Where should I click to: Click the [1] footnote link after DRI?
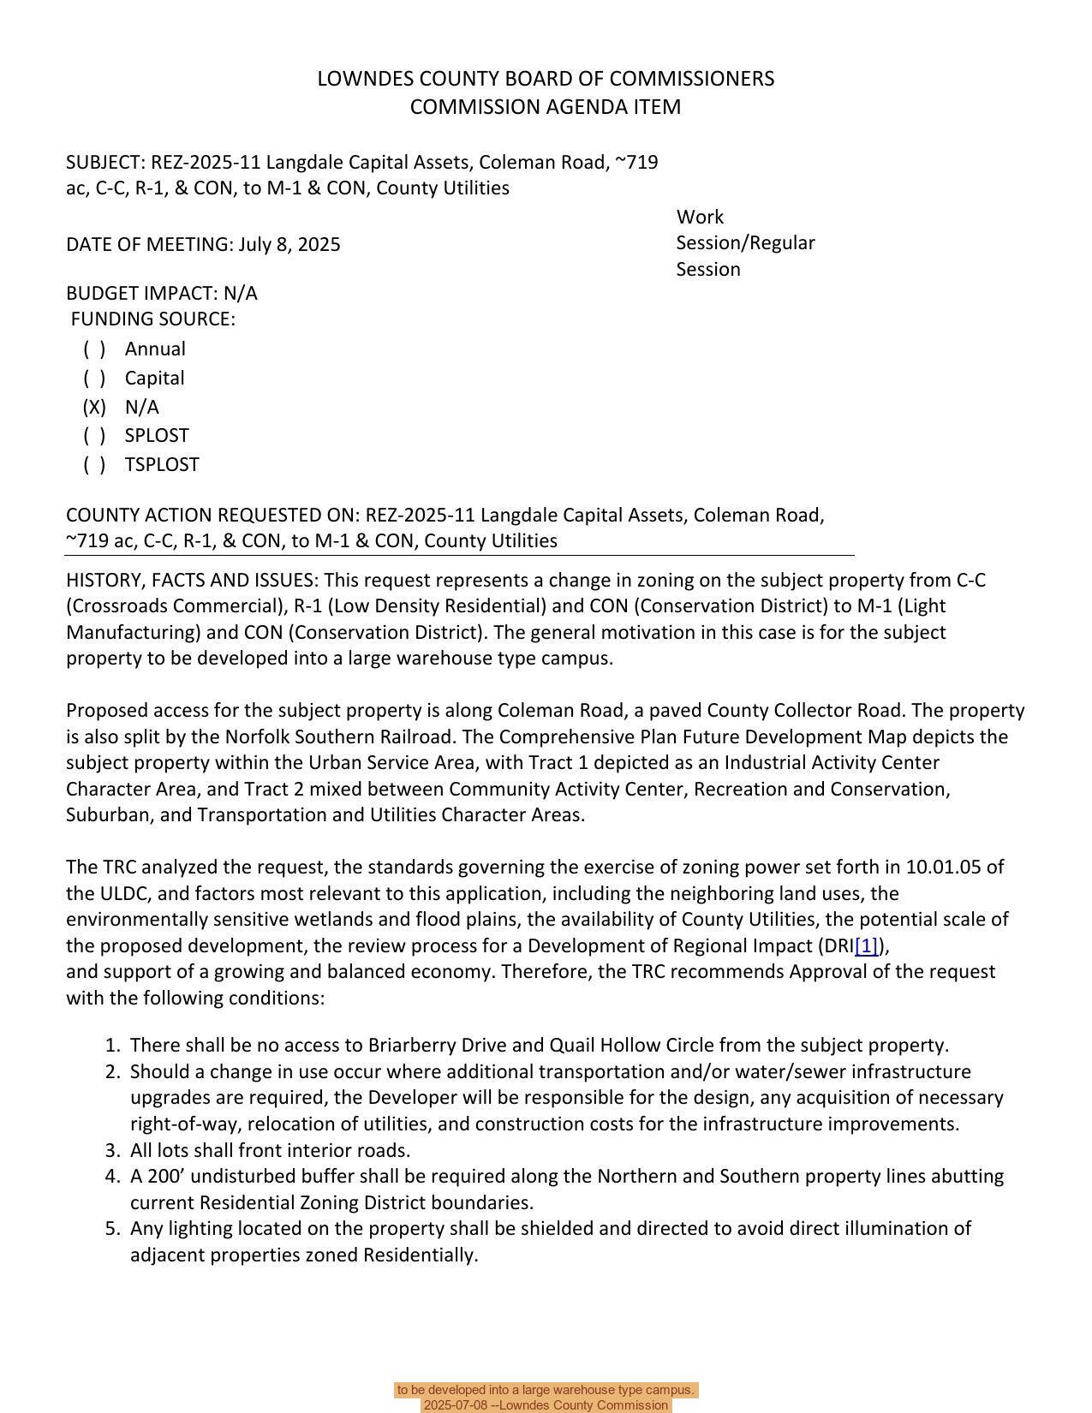[x=867, y=945]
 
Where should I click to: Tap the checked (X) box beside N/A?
[x=94, y=407]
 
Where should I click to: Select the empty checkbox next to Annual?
[x=94, y=349]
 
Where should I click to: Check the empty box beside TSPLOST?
[x=94, y=464]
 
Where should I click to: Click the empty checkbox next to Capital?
[x=94, y=378]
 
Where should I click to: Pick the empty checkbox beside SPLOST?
[x=94, y=435]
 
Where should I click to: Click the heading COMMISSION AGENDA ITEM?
[x=546, y=107]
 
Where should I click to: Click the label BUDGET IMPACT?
[x=141, y=293]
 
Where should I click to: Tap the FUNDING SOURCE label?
[x=152, y=319]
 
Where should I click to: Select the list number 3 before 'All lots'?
[x=112, y=1150]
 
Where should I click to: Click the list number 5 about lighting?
[x=112, y=1228]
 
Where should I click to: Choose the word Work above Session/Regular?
[x=700, y=217]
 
